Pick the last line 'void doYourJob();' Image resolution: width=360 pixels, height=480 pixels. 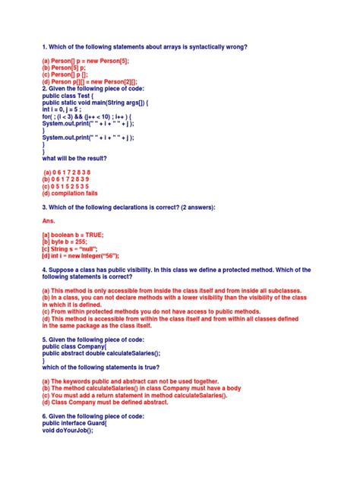(68, 430)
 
